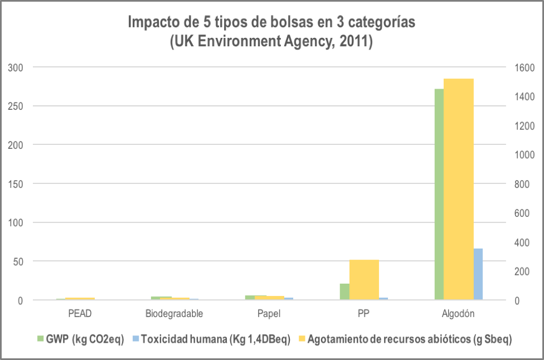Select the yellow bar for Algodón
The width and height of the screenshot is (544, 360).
click(459, 189)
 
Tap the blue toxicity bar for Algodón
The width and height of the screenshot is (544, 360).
click(478, 274)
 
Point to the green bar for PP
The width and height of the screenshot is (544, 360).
click(344, 291)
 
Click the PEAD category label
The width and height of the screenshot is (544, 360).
click(79, 313)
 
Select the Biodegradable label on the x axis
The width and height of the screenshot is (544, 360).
click(174, 313)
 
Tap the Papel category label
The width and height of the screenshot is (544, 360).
click(269, 313)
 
